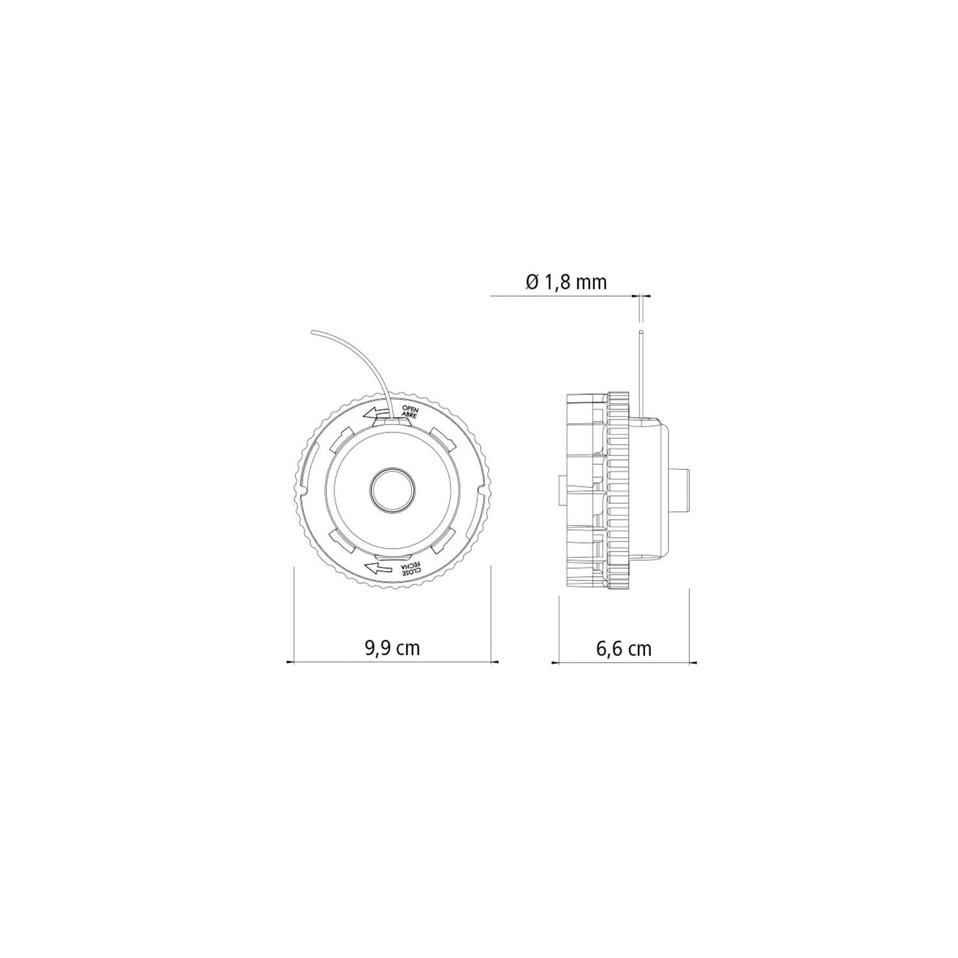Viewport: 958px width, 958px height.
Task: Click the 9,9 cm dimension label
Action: [392, 648]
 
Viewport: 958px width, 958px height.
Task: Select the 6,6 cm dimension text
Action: [623, 648]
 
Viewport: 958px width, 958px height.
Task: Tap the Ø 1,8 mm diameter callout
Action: [566, 282]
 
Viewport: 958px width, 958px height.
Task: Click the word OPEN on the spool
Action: [409, 408]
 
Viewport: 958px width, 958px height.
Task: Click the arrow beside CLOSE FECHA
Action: [378, 567]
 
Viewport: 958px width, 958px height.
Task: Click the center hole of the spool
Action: [392, 491]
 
